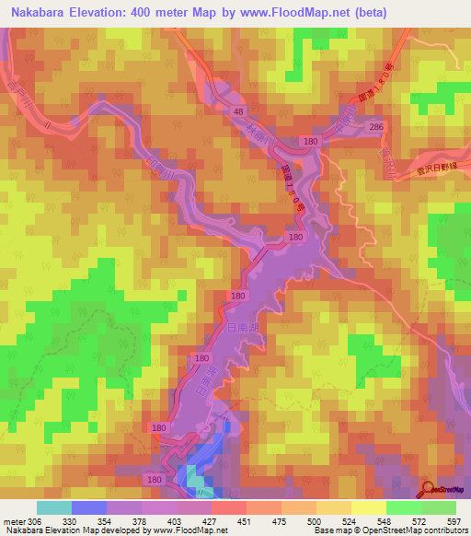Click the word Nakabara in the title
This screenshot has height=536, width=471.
[42, 12]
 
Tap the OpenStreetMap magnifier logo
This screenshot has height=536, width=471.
[427, 489]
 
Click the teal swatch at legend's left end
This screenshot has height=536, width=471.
[53, 507]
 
